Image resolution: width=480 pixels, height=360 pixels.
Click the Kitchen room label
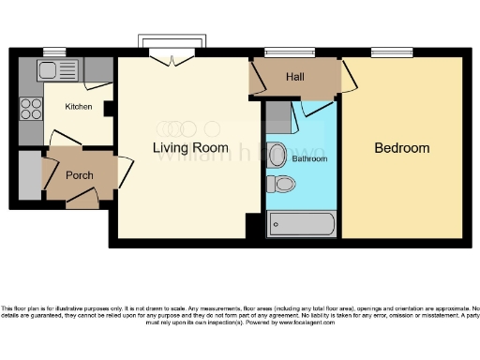click(79, 107)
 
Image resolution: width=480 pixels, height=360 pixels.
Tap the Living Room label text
click(191, 148)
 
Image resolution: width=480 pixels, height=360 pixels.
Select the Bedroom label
click(401, 148)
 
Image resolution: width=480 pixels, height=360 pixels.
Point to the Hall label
click(295, 78)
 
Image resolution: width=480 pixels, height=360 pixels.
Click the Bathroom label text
click(309, 159)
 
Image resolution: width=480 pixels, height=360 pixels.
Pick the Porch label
click(79, 175)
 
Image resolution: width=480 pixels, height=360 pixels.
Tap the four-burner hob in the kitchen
click(31, 108)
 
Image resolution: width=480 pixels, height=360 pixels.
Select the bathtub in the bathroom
click(301, 224)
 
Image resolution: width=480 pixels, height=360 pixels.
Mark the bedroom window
click(392, 52)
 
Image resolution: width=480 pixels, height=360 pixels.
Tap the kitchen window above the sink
click(54, 52)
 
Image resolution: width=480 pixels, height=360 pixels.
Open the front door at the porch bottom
click(82, 198)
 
